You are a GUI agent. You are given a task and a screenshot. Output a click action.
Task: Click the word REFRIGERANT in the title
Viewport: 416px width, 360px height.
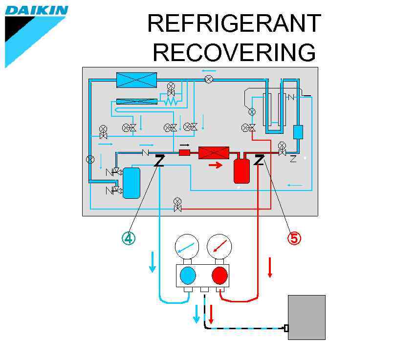[234, 23]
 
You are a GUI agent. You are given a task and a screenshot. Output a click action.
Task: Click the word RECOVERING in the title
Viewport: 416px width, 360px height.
[234, 52]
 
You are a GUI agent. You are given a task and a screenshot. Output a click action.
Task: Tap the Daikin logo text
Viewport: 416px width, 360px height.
[37, 10]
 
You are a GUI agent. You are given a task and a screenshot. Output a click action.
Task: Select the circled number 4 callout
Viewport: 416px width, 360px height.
[128, 238]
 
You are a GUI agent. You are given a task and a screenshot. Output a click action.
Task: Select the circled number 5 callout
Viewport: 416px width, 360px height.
[294, 238]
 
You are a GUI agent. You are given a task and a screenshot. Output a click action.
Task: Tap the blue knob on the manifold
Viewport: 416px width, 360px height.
[188, 275]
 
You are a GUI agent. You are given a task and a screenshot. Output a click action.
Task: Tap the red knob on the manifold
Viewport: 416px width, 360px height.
[219, 275]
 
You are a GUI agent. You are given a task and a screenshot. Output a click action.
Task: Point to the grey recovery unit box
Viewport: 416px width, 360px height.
[307, 317]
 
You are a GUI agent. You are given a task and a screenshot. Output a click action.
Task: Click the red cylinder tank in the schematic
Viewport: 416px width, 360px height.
[241, 170]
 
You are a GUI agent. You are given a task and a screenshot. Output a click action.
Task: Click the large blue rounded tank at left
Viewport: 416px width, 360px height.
[131, 183]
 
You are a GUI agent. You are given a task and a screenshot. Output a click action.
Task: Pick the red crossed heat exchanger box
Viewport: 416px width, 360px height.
[214, 153]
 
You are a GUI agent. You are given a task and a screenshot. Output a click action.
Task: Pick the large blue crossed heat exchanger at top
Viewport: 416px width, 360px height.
[136, 80]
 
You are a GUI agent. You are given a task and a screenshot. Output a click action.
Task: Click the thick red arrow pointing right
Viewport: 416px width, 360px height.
[215, 165]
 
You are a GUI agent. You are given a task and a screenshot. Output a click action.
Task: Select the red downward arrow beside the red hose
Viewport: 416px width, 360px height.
[269, 268]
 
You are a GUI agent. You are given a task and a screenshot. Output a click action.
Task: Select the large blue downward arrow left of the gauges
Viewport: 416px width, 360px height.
[153, 262]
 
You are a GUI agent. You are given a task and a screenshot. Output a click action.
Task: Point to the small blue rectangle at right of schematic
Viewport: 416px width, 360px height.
[298, 132]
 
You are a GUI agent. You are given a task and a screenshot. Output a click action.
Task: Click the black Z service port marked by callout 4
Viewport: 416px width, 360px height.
[159, 161]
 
